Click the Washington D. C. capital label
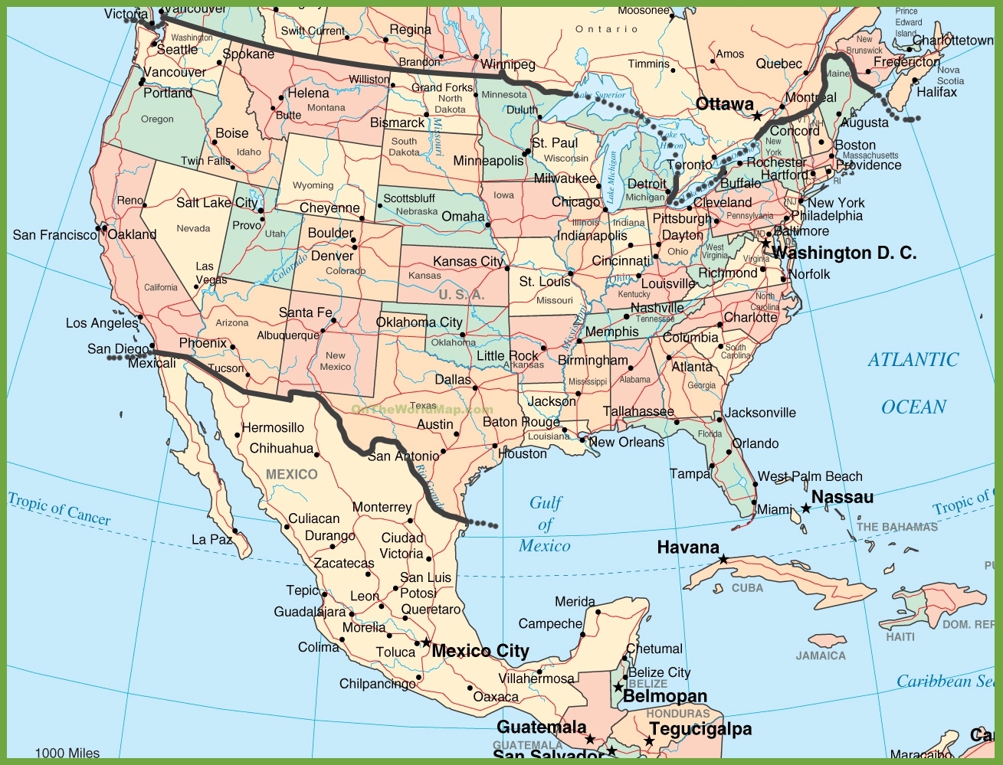844,253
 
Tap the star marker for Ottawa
757,116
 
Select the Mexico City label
480,652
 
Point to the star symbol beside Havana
723,560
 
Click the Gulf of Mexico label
545,525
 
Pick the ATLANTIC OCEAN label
913,383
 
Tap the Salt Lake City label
217,203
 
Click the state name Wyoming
313,185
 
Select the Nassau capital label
842,498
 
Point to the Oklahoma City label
419,322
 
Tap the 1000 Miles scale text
67,754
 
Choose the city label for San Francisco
54,235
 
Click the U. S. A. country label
461,295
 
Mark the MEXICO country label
291,475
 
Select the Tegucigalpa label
700,730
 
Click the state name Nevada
193,228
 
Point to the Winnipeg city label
508,64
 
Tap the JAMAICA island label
821,655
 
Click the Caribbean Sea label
946,681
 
